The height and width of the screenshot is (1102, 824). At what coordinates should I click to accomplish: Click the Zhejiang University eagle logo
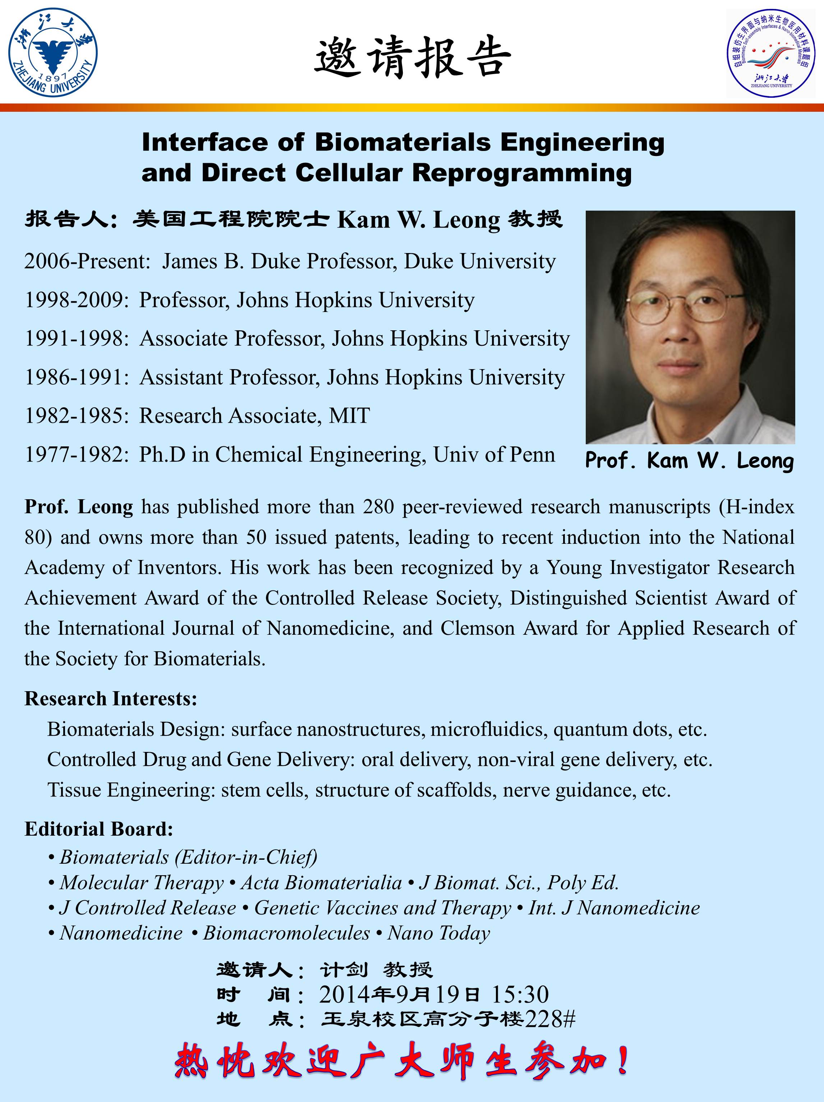click(x=53, y=52)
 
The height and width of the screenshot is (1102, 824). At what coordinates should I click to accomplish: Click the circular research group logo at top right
click(x=771, y=53)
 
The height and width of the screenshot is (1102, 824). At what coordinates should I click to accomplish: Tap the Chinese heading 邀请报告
click(x=413, y=57)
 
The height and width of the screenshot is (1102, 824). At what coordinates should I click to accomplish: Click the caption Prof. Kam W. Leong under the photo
click(x=690, y=460)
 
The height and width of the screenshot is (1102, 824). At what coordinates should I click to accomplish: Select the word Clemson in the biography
click(x=477, y=628)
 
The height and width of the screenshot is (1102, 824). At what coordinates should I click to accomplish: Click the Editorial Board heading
click(x=98, y=828)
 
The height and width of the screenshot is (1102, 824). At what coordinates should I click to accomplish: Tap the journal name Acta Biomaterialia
click(x=321, y=882)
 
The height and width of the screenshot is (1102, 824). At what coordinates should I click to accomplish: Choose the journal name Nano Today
click(x=438, y=933)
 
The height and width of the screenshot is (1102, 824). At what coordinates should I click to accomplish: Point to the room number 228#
click(x=550, y=1019)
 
